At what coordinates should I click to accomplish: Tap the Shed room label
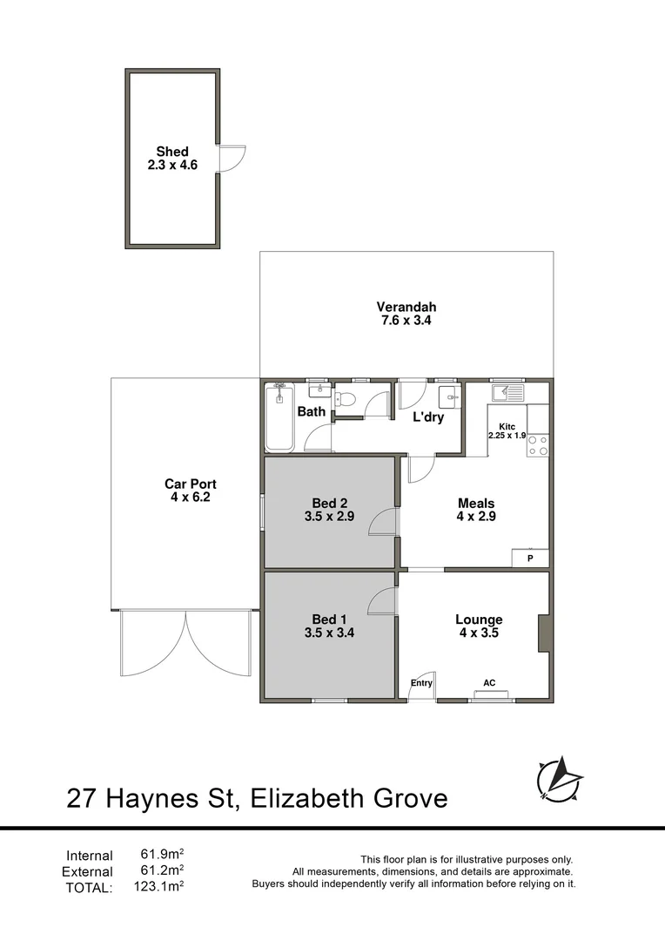172,152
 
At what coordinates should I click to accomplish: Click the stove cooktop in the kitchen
538,445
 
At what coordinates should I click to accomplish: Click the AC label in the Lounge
490,682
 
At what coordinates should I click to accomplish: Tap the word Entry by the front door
421,683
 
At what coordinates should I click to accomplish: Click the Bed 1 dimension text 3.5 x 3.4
329,633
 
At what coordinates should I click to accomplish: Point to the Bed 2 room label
329,502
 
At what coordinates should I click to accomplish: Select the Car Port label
191,484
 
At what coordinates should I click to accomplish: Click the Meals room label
476,503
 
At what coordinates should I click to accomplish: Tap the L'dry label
428,417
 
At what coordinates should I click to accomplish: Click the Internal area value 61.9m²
162,855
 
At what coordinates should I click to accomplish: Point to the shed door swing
232,159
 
